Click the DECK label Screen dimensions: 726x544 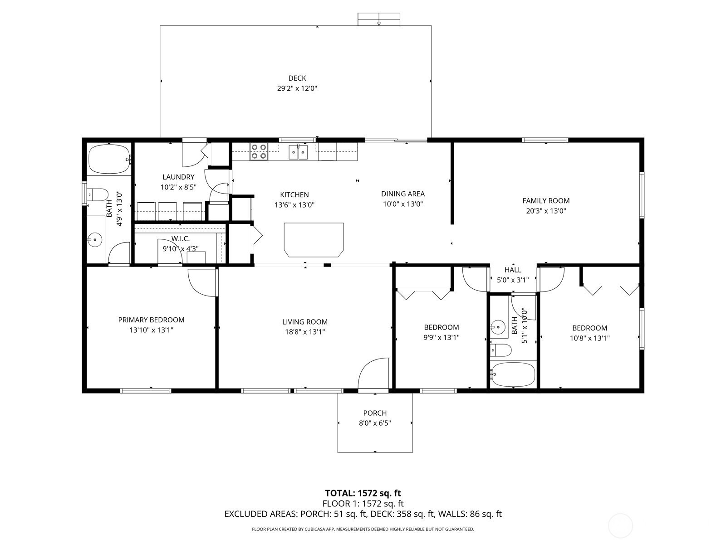click(x=297, y=78)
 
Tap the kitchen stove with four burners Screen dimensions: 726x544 click(x=259, y=151)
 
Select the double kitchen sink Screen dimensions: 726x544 click(x=298, y=152)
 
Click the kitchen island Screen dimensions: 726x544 click(x=314, y=240)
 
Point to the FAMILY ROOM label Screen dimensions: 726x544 click(x=546, y=200)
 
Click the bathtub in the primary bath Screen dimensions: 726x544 click(x=109, y=159)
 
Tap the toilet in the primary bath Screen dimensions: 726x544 click(x=98, y=195)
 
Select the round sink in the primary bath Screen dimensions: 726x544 click(x=96, y=239)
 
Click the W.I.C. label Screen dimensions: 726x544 click(x=180, y=238)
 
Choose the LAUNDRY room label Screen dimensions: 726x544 click(x=178, y=177)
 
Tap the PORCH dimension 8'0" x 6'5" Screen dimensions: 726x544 click(x=375, y=423)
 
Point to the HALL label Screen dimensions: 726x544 click(x=513, y=270)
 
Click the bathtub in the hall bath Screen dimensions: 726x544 click(x=513, y=374)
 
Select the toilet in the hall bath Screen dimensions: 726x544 click(x=501, y=350)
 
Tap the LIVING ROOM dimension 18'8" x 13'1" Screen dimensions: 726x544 click(x=304, y=332)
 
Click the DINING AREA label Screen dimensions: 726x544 click(x=403, y=194)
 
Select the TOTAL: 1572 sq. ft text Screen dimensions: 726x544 click(x=363, y=493)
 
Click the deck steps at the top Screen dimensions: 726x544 click(x=379, y=19)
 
